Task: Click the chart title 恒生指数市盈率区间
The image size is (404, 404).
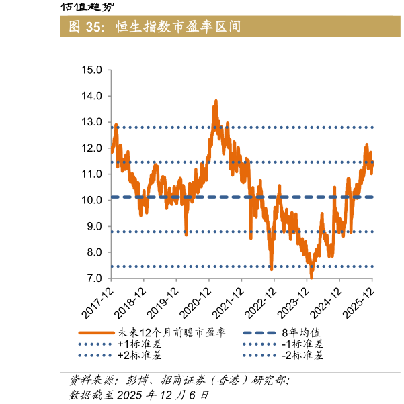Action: coord(178,27)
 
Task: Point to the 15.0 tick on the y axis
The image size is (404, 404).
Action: coord(91,70)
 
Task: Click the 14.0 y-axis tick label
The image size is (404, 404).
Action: coord(91,96)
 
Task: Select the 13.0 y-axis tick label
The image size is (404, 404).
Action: coord(91,122)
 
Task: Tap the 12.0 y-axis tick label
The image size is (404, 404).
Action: coord(91,148)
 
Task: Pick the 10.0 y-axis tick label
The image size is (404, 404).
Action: coord(91,200)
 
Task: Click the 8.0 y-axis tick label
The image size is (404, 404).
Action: coord(91,252)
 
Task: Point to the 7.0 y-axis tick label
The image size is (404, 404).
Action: coord(91,279)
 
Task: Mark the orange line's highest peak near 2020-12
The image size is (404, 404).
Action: coord(216,101)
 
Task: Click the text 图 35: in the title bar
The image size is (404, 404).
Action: coord(85,27)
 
